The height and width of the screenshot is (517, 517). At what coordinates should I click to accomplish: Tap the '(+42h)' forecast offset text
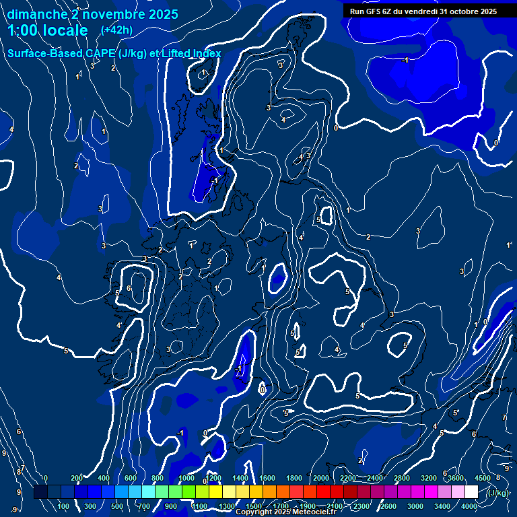pyautogui.click(x=116, y=30)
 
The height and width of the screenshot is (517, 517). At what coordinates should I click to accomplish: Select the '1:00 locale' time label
pyautogui.click(x=48, y=30)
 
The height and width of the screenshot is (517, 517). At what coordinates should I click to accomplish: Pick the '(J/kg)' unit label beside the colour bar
pyautogui.click(x=499, y=493)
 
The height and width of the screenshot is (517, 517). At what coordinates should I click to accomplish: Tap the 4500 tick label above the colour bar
pyautogui.click(x=483, y=478)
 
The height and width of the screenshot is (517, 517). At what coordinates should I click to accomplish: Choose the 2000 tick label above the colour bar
pyautogui.click(x=321, y=478)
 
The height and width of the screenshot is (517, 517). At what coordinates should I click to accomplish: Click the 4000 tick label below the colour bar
pyautogui.click(x=469, y=506)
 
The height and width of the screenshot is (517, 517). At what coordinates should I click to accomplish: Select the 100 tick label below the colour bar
pyautogui.click(x=63, y=506)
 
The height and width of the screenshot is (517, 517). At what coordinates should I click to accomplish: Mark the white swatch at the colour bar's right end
pyautogui.click(x=471, y=492)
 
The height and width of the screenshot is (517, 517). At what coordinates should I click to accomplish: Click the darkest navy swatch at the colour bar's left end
pyautogui.click(x=40, y=492)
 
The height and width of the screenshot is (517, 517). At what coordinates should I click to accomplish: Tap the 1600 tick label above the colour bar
pyautogui.click(x=267, y=478)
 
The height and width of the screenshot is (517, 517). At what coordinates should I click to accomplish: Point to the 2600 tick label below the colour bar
pyautogui.click(x=388, y=506)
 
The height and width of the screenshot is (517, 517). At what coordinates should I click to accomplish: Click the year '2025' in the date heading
pyautogui.click(x=163, y=14)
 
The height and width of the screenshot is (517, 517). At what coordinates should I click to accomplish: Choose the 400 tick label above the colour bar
pyautogui.click(x=104, y=478)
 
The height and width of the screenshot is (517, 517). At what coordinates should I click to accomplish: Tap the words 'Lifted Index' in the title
pyautogui.click(x=192, y=53)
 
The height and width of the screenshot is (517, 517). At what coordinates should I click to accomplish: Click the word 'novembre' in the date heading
pyautogui.click(x=110, y=14)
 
